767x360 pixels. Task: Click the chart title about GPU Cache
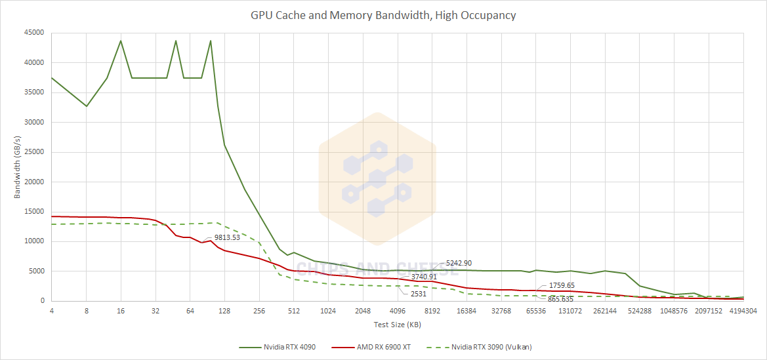tap(383, 15)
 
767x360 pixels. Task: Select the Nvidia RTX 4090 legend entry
tap(289, 347)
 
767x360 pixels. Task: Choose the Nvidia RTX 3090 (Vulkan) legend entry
tap(491, 347)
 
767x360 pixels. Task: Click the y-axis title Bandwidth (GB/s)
tap(18, 167)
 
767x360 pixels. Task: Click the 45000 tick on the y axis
tap(33, 33)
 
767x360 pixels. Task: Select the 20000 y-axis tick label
tap(33, 182)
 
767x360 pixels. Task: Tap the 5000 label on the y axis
tap(35, 271)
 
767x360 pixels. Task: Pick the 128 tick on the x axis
tap(224, 311)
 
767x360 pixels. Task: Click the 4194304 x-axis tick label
tap(743, 311)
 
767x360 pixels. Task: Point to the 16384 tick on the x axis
tap(466, 311)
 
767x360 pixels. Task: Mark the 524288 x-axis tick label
tap(640, 311)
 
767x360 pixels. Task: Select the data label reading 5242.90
tap(459, 263)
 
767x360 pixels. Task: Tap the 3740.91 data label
tap(424, 277)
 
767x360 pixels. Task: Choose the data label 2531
tap(419, 294)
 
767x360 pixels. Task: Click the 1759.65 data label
tap(562, 285)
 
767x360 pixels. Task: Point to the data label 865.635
tap(560, 299)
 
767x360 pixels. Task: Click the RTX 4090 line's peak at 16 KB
tap(121, 41)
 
